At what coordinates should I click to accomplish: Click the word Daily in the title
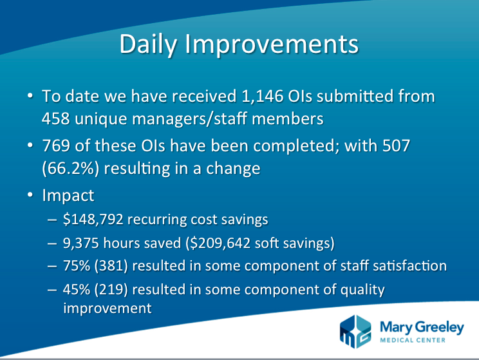click(x=148, y=44)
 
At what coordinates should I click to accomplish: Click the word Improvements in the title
click(x=272, y=44)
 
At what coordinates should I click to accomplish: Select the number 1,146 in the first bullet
click(x=263, y=96)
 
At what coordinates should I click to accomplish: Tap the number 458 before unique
click(x=55, y=118)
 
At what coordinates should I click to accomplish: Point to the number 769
click(x=56, y=146)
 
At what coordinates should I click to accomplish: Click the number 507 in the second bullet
click(x=396, y=146)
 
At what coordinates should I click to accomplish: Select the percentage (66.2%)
click(x=71, y=169)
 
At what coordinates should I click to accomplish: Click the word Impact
click(x=68, y=196)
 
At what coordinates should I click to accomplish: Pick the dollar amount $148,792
click(x=93, y=220)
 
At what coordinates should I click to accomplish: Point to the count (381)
click(x=111, y=266)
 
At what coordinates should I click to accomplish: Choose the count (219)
click(x=111, y=290)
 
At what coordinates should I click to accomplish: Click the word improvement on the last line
click(x=108, y=308)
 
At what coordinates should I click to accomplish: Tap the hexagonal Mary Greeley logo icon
click(x=355, y=332)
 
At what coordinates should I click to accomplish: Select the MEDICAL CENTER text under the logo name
click(x=413, y=340)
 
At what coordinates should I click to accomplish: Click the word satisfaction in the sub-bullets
click(x=409, y=265)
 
